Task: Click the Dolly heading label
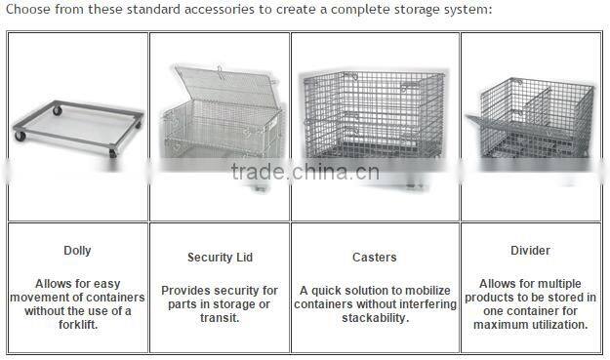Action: pyautogui.click(x=77, y=251)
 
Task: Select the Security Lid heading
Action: pyautogui.click(x=220, y=258)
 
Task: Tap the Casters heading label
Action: pyautogui.click(x=374, y=258)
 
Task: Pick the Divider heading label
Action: pyautogui.click(x=530, y=251)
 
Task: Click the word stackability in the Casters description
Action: pyautogui.click(x=374, y=318)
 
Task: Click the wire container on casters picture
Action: pyautogui.click(x=374, y=122)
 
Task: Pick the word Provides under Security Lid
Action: pyautogui.click(x=186, y=291)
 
